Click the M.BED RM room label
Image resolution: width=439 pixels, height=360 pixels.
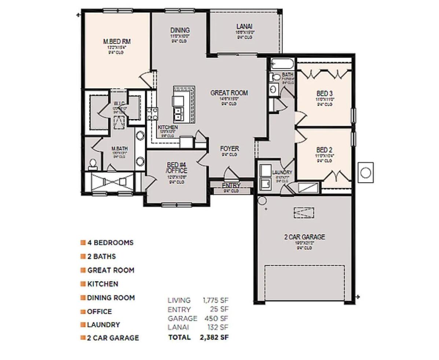click(117, 41)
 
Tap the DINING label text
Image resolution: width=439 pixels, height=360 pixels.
click(180, 30)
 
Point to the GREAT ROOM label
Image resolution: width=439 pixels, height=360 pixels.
click(229, 93)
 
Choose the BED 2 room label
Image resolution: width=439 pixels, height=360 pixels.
click(324, 150)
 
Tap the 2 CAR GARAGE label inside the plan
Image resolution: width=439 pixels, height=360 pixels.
click(304, 237)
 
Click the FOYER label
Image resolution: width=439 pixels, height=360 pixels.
click(229, 149)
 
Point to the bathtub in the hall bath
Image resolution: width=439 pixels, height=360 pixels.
click(282, 64)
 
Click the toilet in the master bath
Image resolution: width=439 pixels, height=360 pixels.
click(93, 164)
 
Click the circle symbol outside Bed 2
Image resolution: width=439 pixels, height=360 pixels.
click(365, 172)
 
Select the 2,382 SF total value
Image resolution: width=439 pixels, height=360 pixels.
click(214, 337)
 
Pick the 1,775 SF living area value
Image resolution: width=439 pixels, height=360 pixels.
click(216, 300)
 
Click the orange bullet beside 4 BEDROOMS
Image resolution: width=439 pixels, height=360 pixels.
click(83, 243)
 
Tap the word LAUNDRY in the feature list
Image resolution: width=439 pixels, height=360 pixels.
click(103, 325)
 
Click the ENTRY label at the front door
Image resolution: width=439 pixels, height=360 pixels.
click(231, 185)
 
